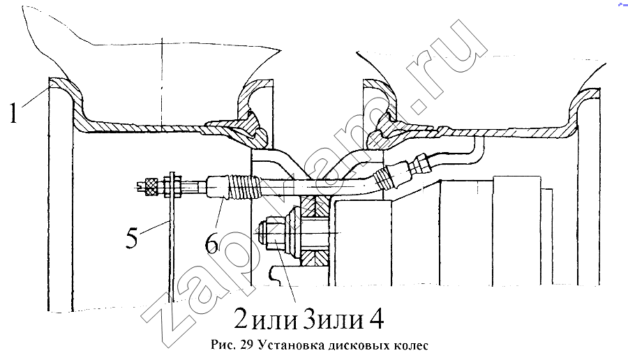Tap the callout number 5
[x=132, y=239]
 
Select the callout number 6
[x=212, y=243]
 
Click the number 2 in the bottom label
[x=240, y=317]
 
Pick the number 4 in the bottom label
[x=375, y=317]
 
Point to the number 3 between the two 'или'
[x=310, y=317]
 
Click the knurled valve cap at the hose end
[x=151, y=186]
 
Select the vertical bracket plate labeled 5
[x=172, y=237]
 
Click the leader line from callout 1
[x=36, y=96]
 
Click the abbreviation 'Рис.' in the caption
[x=223, y=345]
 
